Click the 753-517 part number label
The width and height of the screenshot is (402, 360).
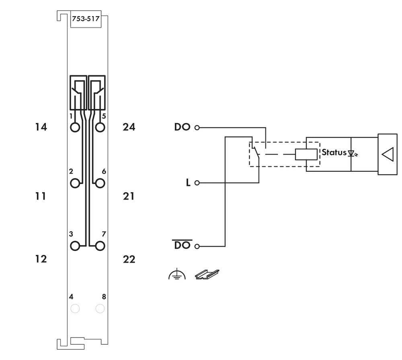point(86,19)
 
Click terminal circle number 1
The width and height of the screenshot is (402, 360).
point(75,128)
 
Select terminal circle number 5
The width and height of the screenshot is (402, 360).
point(100,128)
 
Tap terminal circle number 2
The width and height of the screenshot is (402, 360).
point(75,183)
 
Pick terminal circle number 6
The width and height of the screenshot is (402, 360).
point(100,183)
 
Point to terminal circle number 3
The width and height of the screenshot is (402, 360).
point(75,246)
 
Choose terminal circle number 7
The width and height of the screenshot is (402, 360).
point(100,246)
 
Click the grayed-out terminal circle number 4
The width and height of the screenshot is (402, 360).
point(75,309)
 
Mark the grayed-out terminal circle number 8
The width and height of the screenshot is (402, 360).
point(100,309)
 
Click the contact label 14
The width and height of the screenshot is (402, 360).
point(41,127)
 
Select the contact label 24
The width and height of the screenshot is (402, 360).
point(129,127)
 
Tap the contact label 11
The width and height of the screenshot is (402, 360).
point(41,196)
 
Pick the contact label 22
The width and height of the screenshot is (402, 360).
point(129,259)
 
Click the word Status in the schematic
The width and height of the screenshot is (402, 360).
point(334,152)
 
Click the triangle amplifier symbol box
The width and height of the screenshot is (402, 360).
point(387,154)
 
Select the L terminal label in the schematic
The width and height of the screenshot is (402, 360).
point(188,183)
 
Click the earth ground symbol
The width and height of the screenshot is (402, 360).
point(177,275)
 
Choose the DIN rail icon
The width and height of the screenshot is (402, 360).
point(207,274)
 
